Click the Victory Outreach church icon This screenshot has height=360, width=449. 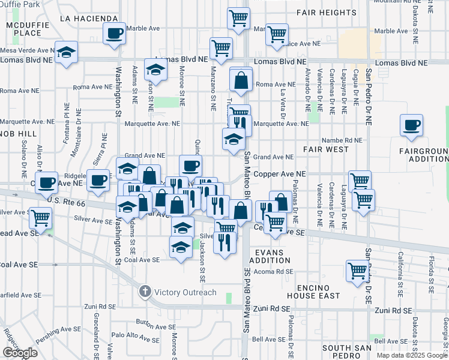tap(145, 292)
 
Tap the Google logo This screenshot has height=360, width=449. tap(20, 353)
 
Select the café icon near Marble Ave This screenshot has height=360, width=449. tap(114, 34)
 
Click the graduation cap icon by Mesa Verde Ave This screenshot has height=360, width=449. tap(66, 52)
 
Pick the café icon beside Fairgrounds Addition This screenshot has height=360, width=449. tap(412, 125)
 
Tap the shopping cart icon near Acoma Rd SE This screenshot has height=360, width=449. tap(357, 271)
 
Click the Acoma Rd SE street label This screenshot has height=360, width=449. tap(274, 271)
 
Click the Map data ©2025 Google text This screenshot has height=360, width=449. tap(412, 355)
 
